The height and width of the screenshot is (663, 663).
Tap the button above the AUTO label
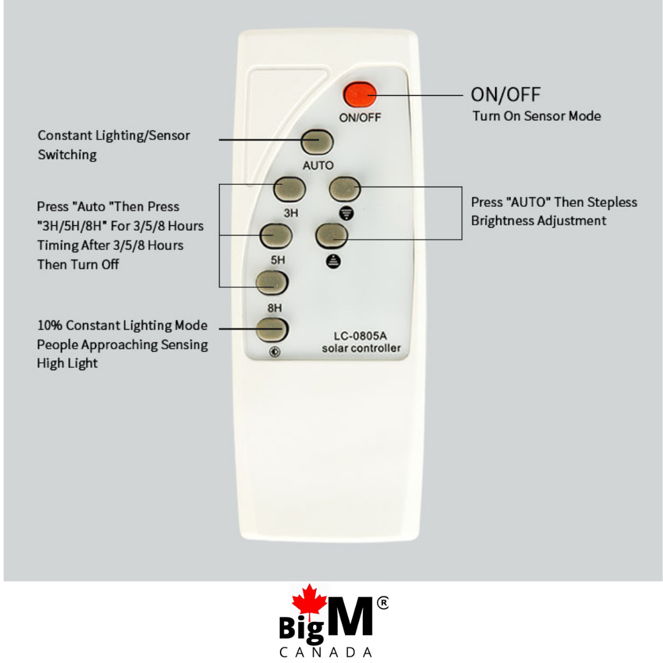pyautogui.click(x=317, y=142)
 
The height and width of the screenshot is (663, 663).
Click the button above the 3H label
pyautogui.click(x=290, y=189)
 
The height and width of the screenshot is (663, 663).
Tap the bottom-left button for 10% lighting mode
pyautogui.click(x=273, y=330)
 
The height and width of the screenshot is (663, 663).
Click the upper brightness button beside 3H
pyautogui.click(x=345, y=188)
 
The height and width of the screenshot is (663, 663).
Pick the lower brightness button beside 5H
pyautogui.click(x=332, y=235)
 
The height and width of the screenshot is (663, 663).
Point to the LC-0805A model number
pyautogui.click(x=360, y=336)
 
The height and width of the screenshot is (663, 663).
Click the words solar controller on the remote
pyautogui.click(x=361, y=348)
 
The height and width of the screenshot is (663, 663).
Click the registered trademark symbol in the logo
pyautogui.click(x=382, y=603)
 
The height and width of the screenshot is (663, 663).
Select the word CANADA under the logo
pyautogui.click(x=325, y=652)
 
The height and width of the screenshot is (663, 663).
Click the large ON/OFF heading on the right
pyautogui.click(x=506, y=95)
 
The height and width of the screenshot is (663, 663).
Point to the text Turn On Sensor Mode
pyautogui.click(x=537, y=116)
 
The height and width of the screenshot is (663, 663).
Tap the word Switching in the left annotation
pyautogui.click(x=68, y=155)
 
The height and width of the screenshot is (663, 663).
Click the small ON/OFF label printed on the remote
pyautogui.click(x=360, y=117)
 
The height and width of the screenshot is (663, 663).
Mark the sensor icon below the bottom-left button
pyautogui.click(x=274, y=352)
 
